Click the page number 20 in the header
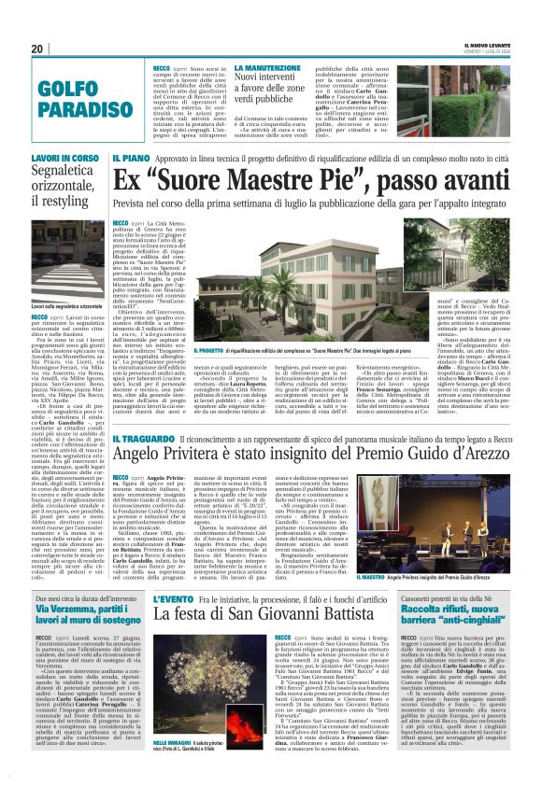click(36, 49)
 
